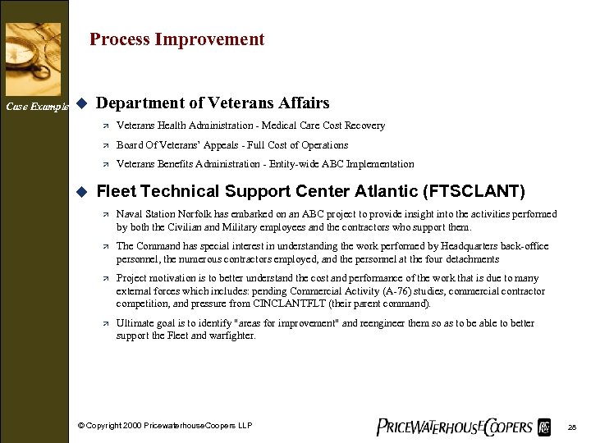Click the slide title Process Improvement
tap(176, 39)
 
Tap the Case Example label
tap(36, 107)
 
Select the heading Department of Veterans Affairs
tap(213, 103)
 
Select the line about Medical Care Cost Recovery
tap(250, 126)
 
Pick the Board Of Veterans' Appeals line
tap(232, 145)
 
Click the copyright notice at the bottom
tap(165, 425)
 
